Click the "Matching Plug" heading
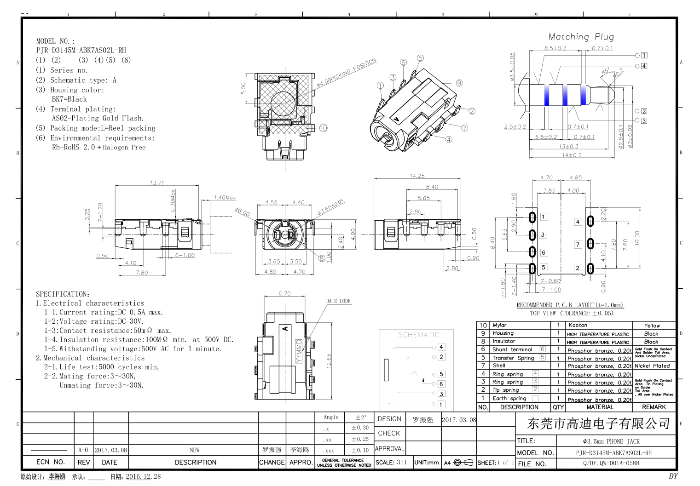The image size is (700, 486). point(581,37)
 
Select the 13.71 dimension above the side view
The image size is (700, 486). point(156,183)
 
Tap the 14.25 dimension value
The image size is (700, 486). point(417,176)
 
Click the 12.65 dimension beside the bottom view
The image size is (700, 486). point(329,360)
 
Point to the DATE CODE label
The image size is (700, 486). point(338,301)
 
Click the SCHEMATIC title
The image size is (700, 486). point(418,335)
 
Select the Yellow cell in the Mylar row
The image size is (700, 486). point(652,326)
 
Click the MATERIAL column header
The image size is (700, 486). point(600,407)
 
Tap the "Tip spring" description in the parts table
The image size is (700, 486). point(505,390)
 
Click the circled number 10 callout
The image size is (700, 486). point(323,128)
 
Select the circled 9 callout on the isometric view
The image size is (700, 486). point(459,83)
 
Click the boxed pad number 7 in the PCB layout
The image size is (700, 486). point(578,245)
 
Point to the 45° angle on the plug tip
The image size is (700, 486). point(605,71)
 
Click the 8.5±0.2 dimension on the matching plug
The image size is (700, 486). point(555,48)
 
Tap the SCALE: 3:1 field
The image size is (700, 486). point(391,463)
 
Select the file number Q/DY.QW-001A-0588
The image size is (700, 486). point(611,463)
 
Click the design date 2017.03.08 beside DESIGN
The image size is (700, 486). point(459,420)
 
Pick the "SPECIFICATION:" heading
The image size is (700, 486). point(63,294)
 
